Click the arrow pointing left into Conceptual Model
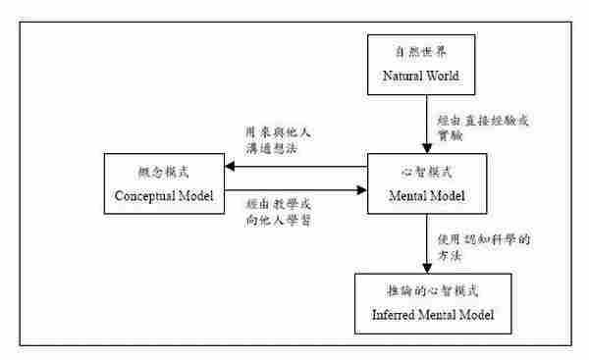pos(294,167)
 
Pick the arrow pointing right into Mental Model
pos(294,192)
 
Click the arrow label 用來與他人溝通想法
pos(278,139)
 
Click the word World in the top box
pos(447,76)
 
